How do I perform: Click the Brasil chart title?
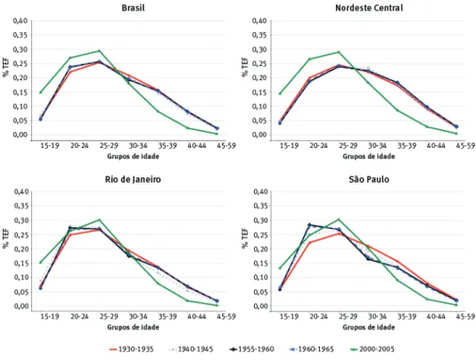[x=133, y=8]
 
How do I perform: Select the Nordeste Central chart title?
[x=369, y=8]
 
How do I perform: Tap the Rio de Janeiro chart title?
[x=133, y=179]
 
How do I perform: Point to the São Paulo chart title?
[x=369, y=179]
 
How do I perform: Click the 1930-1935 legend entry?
[x=131, y=349]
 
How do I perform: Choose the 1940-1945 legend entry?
[x=191, y=349]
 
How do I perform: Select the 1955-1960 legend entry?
[x=251, y=349]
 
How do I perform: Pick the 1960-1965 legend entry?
[x=311, y=349]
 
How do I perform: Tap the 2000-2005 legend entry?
[x=372, y=349]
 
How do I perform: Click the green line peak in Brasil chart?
[x=99, y=51]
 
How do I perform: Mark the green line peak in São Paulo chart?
[x=339, y=219]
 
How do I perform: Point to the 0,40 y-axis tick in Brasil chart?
[x=21, y=21]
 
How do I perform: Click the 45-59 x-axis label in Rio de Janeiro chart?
[x=226, y=317]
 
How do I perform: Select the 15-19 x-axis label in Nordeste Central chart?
[x=289, y=146]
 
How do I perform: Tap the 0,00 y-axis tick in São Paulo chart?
[x=259, y=306]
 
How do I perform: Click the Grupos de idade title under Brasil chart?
[x=133, y=156]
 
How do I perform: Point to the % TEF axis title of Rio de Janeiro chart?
[x=6, y=238]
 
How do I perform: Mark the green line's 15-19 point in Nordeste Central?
[x=280, y=94]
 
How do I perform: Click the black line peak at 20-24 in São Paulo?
[x=309, y=225]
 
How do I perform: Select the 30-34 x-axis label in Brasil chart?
[x=138, y=146]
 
